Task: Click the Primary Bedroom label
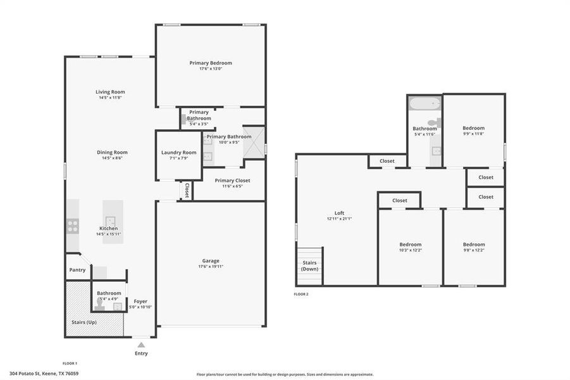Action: (x=211, y=63)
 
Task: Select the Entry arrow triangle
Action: (x=141, y=345)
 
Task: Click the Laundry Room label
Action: (x=179, y=152)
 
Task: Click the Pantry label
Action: (x=78, y=270)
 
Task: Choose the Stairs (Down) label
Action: (x=310, y=265)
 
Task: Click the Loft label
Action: (x=339, y=213)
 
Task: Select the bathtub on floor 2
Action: (x=424, y=104)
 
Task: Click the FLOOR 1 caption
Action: (x=70, y=364)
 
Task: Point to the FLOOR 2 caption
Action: (x=301, y=294)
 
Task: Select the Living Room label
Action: (x=110, y=92)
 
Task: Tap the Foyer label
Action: (x=140, y=301)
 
